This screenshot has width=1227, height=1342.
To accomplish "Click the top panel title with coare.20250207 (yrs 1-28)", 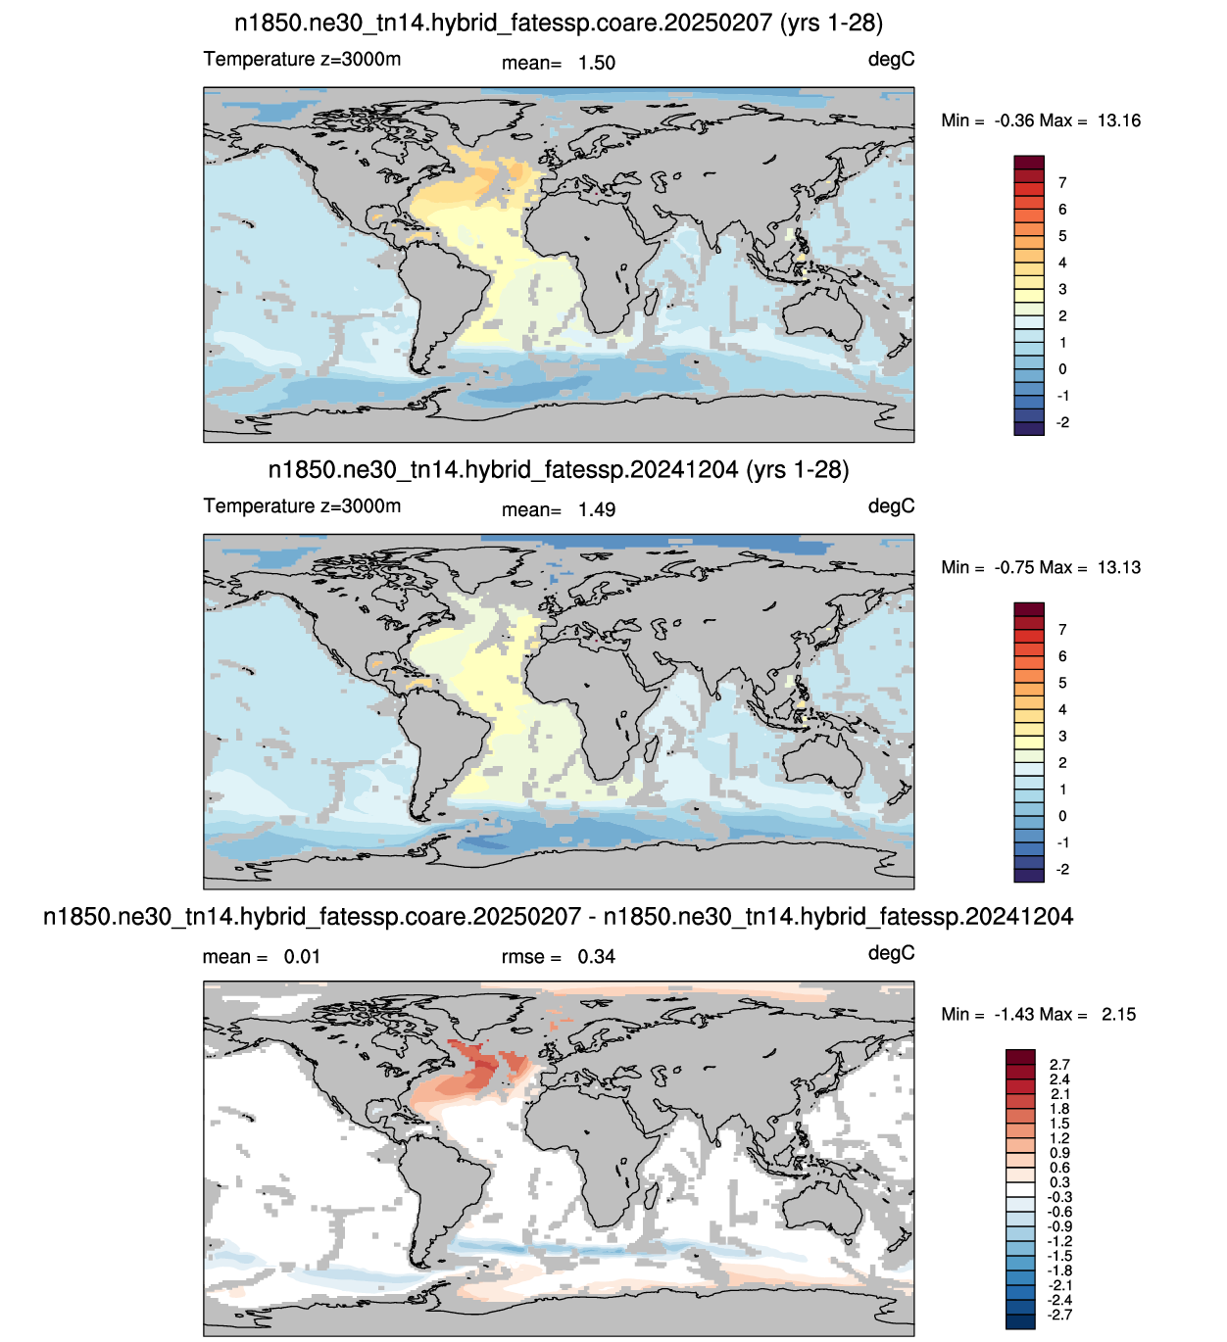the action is (559, 24).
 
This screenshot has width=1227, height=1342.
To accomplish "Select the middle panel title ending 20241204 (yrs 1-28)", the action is (559, 470).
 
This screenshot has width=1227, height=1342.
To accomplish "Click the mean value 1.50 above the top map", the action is (597, 63).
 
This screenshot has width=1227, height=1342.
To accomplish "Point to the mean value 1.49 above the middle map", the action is (597, 509).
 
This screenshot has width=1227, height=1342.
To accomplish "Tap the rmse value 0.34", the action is (596, 957).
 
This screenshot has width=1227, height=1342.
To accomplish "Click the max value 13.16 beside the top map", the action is (1118, 121).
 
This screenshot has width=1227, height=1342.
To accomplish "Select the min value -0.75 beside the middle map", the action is (1014, 568).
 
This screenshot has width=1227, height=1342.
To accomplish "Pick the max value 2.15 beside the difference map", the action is (1118, 1014).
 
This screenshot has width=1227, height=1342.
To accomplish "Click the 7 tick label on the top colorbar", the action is (1062, 182).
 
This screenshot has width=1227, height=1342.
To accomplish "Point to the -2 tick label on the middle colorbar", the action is (1062, 869).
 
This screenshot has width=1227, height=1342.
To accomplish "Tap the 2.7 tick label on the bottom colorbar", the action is (1059, 1065).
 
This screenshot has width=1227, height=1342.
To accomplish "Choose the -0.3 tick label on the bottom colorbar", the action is (1059, 1197).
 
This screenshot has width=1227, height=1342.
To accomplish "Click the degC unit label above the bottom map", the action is (891, 953).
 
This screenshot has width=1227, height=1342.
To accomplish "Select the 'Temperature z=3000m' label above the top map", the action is (302, 60).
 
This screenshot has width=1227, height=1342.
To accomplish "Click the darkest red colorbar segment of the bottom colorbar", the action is (1020, 1056).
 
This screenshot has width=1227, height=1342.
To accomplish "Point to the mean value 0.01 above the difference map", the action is (301, 957).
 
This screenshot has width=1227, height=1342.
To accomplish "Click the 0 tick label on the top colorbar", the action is (1062, 369).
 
